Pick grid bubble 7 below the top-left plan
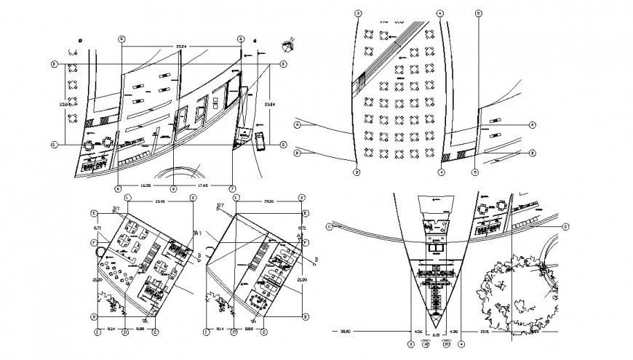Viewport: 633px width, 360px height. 231,189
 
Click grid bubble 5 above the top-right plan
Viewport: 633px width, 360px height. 478,13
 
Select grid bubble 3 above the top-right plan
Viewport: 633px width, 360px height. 357,13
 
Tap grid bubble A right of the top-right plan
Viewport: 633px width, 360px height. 531,125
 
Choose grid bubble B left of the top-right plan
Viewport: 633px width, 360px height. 297,153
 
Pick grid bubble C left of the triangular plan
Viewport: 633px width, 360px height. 330,227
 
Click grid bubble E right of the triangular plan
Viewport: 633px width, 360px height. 565,227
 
